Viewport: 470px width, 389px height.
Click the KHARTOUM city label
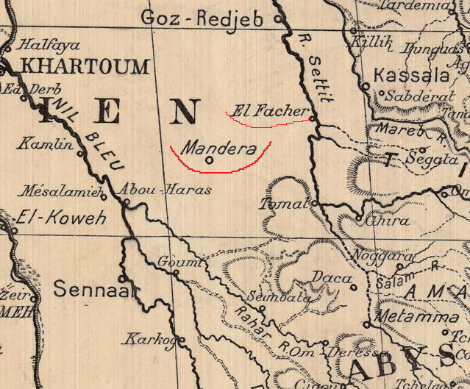(x=85, y=67)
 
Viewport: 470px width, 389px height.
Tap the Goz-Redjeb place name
(x=202, y=18)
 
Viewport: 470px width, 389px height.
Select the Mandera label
(x=218, y=149)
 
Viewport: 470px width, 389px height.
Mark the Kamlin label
(x=46, y=143)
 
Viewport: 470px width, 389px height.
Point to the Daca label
(x=328, y=277)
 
